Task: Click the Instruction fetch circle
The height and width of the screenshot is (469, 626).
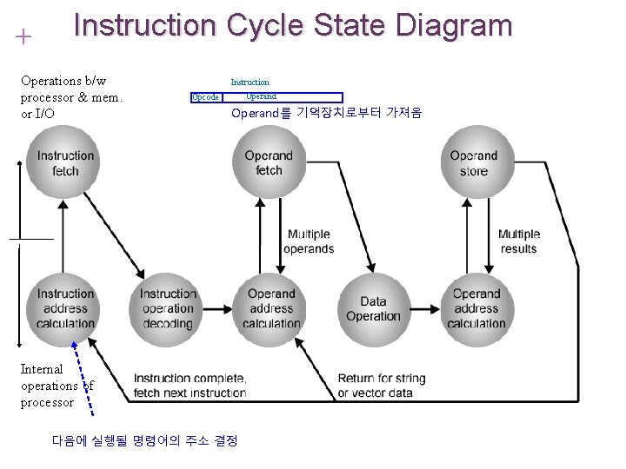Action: (65, 162)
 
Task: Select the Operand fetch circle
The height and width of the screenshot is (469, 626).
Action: (269, 162)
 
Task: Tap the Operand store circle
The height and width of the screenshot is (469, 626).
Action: (474, 162)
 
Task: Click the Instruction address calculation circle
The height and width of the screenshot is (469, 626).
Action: (65, 308)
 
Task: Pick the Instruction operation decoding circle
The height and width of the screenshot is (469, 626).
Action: (167, 308)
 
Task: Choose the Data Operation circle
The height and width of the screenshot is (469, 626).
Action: (373, 308)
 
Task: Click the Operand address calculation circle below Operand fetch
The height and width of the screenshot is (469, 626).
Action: (270, 308)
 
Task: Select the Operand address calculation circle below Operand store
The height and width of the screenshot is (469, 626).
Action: (476, 308)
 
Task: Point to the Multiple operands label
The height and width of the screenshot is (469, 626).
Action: (309, 241)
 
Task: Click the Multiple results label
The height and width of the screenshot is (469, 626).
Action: (519, 241)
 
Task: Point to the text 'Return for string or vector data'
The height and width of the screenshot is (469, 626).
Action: (382, 386)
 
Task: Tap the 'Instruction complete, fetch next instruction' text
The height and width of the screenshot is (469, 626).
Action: (190, 386)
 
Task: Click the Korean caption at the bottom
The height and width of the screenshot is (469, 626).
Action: (144, 440)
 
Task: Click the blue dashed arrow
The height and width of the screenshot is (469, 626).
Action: (83, 373)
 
